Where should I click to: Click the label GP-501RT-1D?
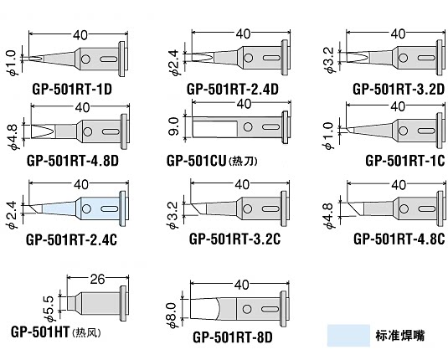click(73, 88)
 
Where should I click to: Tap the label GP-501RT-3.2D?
click(396, 88)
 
